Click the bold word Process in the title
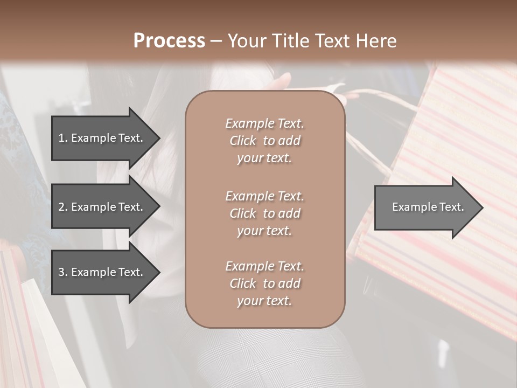tap(169, 41)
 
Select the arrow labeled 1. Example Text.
tap(102, 138)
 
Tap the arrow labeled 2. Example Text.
tap(102, 207)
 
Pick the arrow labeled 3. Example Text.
tap(102, 272)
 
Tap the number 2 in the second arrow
tap(61, 207)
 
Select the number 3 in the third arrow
tap(61, 272)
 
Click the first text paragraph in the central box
tap(264, 141)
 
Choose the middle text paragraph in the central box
tap(264, 213)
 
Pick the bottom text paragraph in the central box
tap(264, 283)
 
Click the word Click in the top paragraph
tap(242, 141)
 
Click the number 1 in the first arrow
tap(61, 138)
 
